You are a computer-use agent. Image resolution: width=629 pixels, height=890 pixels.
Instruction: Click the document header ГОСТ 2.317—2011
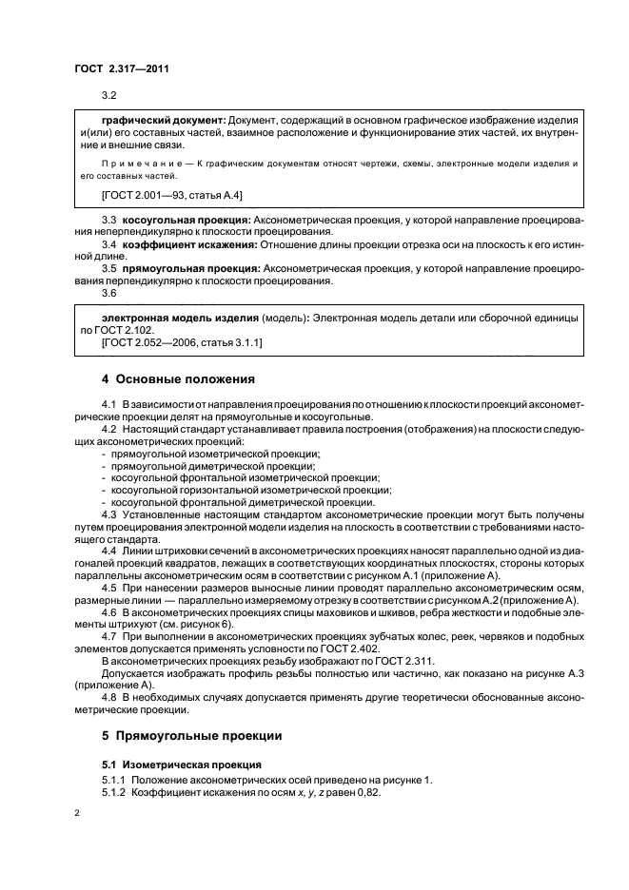coord(122,68)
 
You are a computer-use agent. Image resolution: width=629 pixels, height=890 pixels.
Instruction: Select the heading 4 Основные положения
coord(178,378)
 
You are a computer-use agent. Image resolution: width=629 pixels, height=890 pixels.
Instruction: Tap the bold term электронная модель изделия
coord(180,315)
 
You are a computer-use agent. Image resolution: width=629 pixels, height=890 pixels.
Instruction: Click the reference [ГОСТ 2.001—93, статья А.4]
coord(171,195)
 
